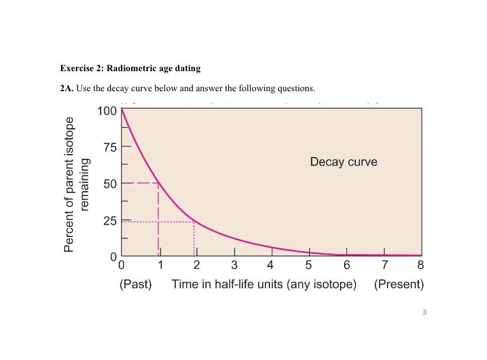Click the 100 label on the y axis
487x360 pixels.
pos(106,111)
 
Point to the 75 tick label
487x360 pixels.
pos(109,146)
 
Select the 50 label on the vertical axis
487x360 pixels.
pos(109,184)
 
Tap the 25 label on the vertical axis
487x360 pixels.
pos(109,221)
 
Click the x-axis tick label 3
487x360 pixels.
pos(234,265)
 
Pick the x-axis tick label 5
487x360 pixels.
pos(309,265)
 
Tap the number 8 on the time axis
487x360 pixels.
pos(421,265)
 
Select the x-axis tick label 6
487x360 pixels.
pos(346,265)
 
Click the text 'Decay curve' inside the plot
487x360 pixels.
pos(343,162)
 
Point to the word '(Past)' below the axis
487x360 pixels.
pos(135,285)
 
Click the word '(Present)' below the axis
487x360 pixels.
pos(399,285)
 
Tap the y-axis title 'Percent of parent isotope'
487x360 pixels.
pos(69,184)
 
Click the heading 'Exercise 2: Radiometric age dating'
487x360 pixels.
pos(130,68)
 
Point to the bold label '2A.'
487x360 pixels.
pos(66,89)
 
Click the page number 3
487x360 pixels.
pos(424,312)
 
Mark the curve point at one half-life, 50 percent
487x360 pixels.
pos(158,183)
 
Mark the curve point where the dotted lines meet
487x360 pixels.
pos(194,222)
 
